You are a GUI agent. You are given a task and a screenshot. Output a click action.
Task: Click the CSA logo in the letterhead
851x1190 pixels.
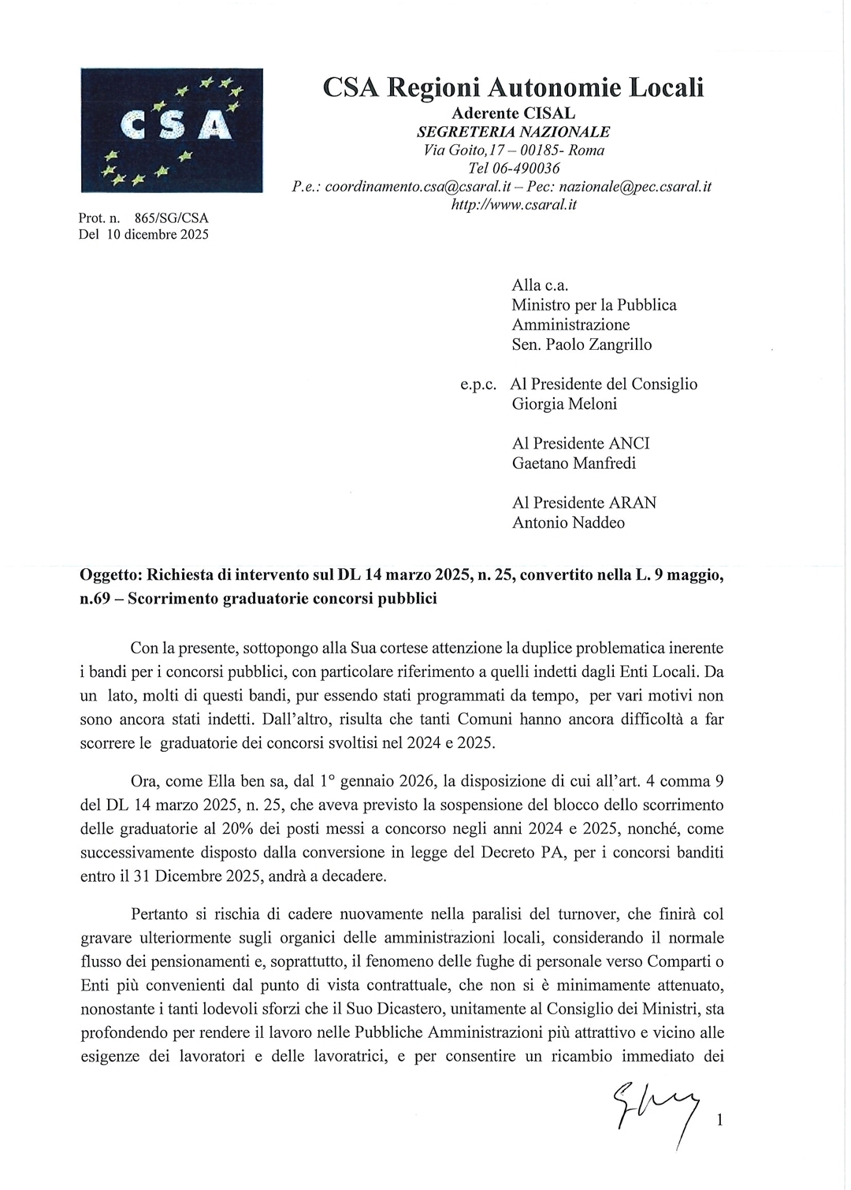point(171,130)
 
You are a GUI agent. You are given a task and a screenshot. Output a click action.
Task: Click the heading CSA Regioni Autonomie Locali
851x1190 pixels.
point(513,87)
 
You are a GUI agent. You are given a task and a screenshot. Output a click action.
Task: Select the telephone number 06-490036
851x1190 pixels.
point(525,168)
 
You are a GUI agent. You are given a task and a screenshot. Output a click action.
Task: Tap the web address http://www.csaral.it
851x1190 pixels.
point(513,205)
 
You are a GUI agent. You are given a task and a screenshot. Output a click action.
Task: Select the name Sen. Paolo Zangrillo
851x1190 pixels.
point(582,344)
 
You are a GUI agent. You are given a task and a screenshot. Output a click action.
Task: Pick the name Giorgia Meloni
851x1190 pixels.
point(564,403)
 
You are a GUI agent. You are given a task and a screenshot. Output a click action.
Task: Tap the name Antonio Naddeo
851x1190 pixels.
point(568,522)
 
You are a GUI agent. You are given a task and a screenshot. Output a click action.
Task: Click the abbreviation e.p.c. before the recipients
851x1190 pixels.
point(478,385)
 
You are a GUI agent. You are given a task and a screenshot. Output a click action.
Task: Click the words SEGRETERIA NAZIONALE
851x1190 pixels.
point(513,132)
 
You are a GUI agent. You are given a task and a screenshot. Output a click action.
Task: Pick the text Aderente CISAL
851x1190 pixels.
point(513,113)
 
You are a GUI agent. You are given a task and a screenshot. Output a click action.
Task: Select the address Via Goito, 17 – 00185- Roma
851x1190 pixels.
point(514,150)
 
